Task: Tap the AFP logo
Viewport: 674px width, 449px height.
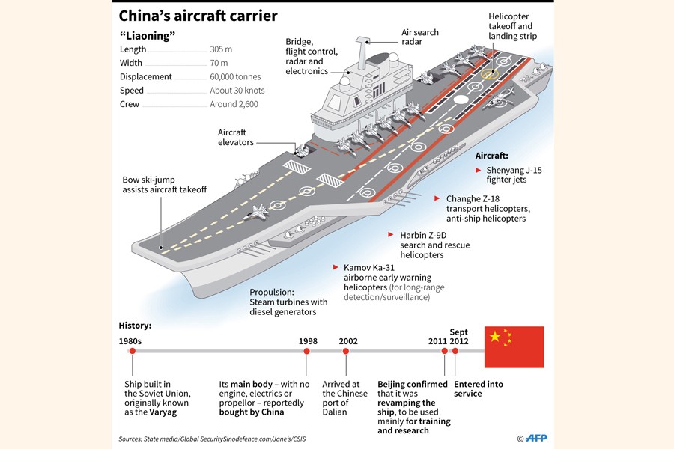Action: tap(538, 438)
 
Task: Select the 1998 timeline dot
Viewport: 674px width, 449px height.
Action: tap(307, 351)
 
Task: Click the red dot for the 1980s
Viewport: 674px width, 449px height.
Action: tap(132, 351)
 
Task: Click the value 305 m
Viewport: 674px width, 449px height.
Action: tap(223, 49)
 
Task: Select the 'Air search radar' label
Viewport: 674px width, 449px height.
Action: tap(420, 37)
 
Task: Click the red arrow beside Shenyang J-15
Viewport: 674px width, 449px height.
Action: tap(479, 170)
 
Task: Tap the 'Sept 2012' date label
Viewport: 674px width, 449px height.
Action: tap(458, 336)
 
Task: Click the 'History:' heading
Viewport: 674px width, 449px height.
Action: tap(136, 326)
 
